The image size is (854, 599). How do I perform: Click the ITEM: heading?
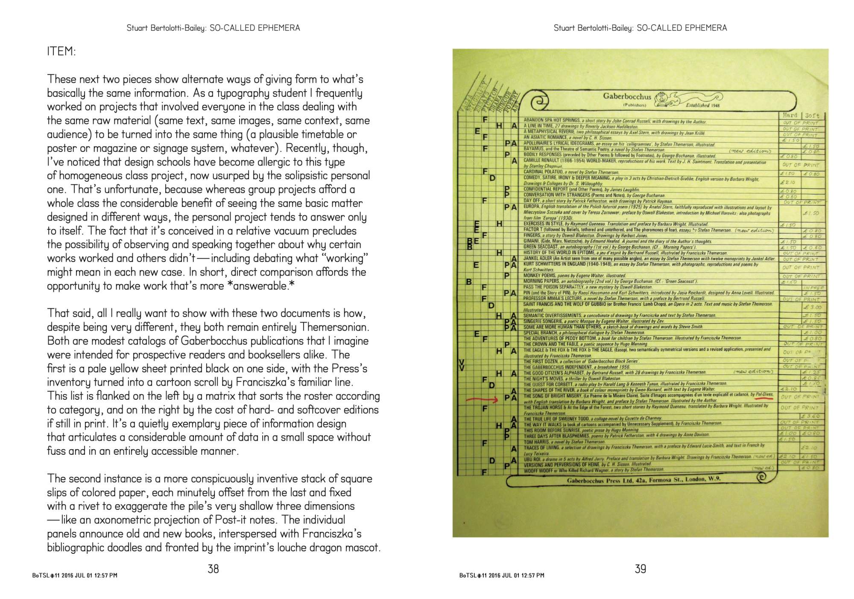[61, 52]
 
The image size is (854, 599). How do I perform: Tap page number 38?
[213, 568]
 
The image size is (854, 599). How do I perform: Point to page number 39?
[640, 568]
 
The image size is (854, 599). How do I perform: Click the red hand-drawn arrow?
[482, 400]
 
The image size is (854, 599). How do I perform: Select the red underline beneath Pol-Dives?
[764, 397]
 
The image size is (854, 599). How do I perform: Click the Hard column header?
[790, 115]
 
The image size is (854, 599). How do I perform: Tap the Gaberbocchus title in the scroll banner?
[627, 96]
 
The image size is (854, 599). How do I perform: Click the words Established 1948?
[703, 105]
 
